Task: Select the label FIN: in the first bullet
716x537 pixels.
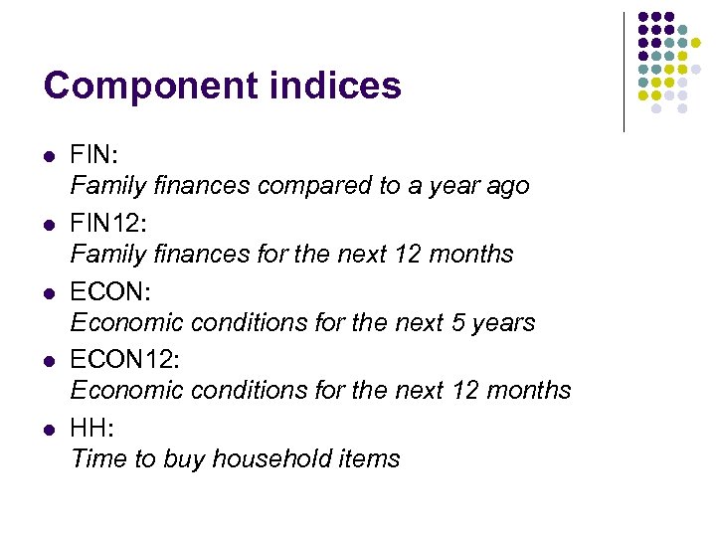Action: pos(93,155)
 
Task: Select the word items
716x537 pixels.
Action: pos(370,459)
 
